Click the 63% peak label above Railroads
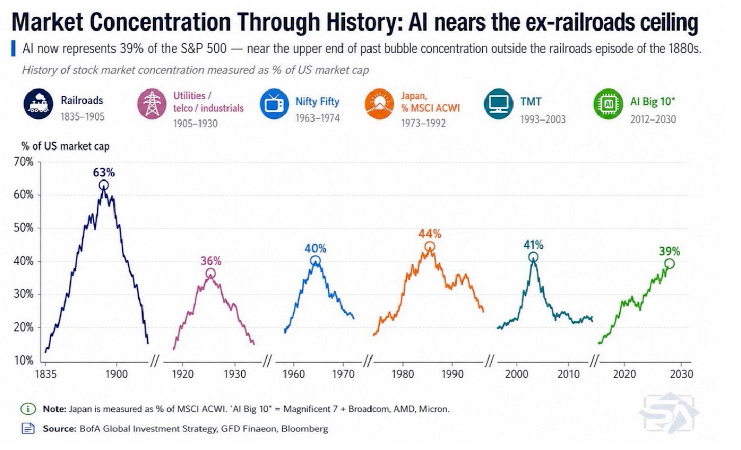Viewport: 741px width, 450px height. pyautogui.click(x=103, y=172)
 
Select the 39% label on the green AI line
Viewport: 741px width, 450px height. pyautogui.click(x=669, y=251)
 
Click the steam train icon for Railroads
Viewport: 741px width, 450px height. pyautogui.click(x=38, y=104)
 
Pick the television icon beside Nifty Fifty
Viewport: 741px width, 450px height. pyautogui.click(x=274, y=104)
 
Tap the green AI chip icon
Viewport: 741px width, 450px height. pyautogui.click(x=608, y=104)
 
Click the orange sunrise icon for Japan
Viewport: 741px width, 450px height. pyautogui.click(x=380, y=104)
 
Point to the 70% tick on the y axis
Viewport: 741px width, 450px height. pyautogui.click(x=24, y=162)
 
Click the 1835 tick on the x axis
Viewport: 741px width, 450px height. pyautogui.click(x=46, y=374)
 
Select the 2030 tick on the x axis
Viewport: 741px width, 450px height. pyautogui.click(x=682, y=374)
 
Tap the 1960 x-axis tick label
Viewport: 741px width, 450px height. pyautogui.click(x=294, y=374)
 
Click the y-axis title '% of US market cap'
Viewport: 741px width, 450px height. pyautogui.click(x=66, y=146)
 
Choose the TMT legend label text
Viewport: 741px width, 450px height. pyautogui.click(x=531, y=101)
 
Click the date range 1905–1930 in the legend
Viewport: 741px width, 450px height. pyautogui.click(x=195, y=124)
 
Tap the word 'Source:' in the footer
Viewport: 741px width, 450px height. pyautogui.click(x=60, y=429)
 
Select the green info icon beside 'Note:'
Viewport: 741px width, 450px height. pyautogui.click(x=28, y=409)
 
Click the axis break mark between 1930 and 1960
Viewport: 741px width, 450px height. pyautogui.click(x=267, y=361)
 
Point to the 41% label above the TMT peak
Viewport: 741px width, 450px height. pyautogui.click(x=533, y=245)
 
